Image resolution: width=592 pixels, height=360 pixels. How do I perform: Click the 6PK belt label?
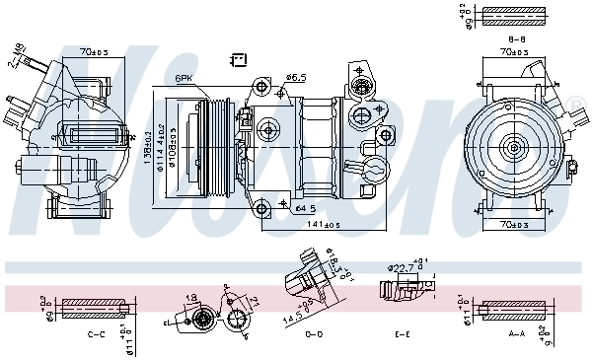point(185,78)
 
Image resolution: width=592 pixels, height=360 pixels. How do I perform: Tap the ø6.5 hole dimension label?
point(295,76)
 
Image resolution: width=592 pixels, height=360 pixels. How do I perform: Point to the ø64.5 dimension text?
point(304,208)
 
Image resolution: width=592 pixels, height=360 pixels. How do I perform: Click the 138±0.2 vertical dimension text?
point(149,149)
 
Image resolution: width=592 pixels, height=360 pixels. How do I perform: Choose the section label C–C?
point(97,335)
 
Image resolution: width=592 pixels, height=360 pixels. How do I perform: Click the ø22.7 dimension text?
point(400,266)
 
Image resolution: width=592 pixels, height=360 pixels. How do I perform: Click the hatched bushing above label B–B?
point(513,16)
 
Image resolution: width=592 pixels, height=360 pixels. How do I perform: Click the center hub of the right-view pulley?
point(513,149)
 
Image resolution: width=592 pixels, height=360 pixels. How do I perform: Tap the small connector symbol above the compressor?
point(238,60)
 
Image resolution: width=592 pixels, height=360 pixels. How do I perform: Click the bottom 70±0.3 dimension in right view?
point(513,226)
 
